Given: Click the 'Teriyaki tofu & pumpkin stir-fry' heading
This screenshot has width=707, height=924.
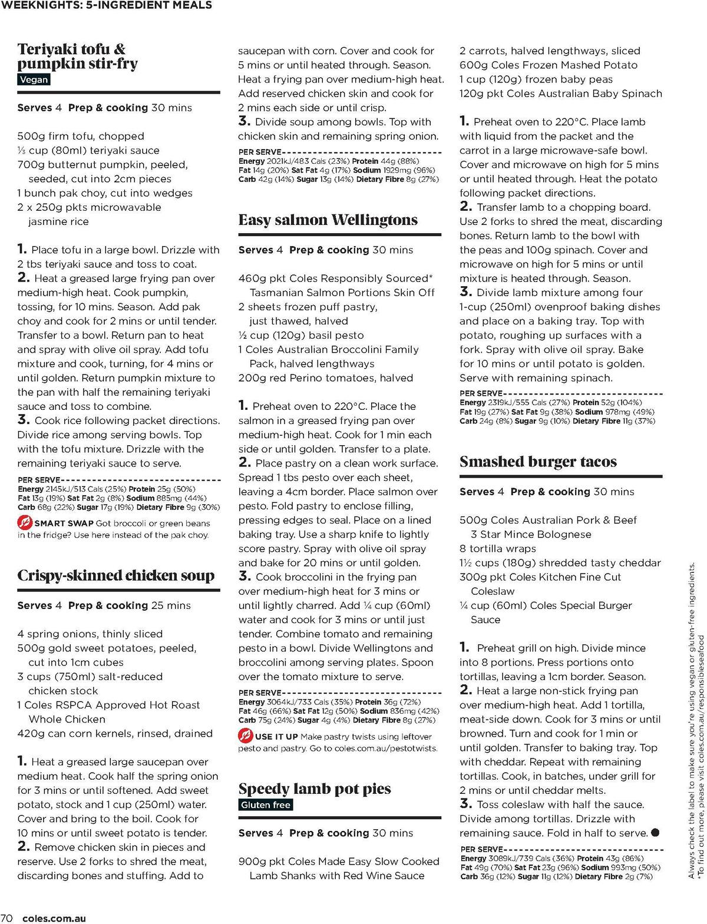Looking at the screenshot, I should (x=77, y=56).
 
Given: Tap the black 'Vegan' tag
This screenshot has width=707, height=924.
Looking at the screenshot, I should (x=34, y=80).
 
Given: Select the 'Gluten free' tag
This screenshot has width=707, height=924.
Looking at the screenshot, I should (x=266, y=804).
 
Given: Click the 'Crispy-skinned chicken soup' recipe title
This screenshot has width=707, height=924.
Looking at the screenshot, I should (x=115, y=575).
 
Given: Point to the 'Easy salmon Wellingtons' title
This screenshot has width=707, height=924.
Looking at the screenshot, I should (x=328, y=220).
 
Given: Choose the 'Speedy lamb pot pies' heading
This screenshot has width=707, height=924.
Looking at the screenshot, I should (x=314, y=789).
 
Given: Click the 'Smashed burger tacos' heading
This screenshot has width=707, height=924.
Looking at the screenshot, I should (x=538, y=462).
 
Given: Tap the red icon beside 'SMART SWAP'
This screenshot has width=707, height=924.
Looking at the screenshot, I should (x=25, y=522).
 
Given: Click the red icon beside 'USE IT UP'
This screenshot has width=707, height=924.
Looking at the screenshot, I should (x=245, y=736).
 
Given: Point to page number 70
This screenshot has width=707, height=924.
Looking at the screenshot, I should (x=7, y=918).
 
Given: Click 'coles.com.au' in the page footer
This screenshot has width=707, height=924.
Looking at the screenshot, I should (x=54, y=918).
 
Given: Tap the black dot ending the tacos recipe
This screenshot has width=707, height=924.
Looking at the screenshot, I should (x=655, y=833).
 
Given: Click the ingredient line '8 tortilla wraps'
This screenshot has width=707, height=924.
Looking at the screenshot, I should (x=497, y=548).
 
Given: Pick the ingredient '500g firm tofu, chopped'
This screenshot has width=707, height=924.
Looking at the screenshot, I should (x=80, y=136).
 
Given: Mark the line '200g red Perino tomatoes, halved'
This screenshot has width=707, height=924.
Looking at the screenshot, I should (x=325, y=378).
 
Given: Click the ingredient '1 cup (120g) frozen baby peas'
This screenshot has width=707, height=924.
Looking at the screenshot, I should (x=536, y=80).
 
